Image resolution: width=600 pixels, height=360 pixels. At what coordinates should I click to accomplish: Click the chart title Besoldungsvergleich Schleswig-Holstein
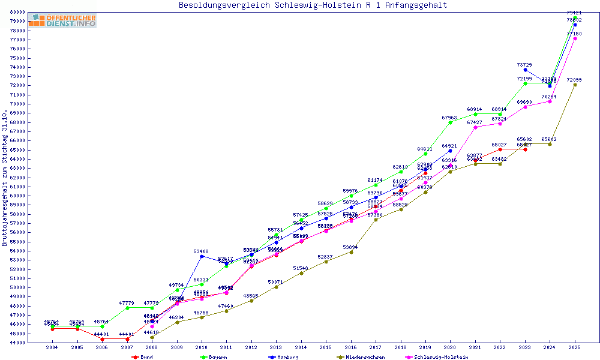click(313, 5)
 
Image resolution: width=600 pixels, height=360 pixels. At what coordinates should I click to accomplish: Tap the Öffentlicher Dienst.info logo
click(62, 21)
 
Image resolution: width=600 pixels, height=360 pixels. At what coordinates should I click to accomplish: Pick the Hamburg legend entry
click(286, 357)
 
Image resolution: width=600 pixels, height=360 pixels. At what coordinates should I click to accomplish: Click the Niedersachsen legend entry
click(359, 357)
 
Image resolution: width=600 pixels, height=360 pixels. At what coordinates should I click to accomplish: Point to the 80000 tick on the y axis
click(16, 12)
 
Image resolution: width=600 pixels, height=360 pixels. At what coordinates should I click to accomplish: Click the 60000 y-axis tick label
click(16, 196)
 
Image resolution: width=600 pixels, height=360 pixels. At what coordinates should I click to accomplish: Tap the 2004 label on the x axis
click(52, 347)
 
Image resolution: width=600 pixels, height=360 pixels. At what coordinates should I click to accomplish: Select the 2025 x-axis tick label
click(575, 347)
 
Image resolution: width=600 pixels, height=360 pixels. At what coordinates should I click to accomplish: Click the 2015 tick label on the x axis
click(326, 347)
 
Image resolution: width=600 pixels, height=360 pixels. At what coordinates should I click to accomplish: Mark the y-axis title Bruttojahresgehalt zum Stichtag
click(5, 178)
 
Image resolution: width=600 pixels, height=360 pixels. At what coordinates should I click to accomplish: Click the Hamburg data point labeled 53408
click(202, 256)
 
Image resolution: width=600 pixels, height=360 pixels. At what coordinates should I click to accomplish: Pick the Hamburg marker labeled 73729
click(525, 70)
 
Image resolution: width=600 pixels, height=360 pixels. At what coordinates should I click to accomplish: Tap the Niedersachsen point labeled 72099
click(575, 85)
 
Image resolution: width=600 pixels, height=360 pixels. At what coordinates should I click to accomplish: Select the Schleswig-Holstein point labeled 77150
click(575, 38)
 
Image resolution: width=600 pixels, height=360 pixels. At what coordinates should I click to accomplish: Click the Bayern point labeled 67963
click(450, 122)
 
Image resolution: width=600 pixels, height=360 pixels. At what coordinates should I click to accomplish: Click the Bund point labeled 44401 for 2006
click(102, 338)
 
